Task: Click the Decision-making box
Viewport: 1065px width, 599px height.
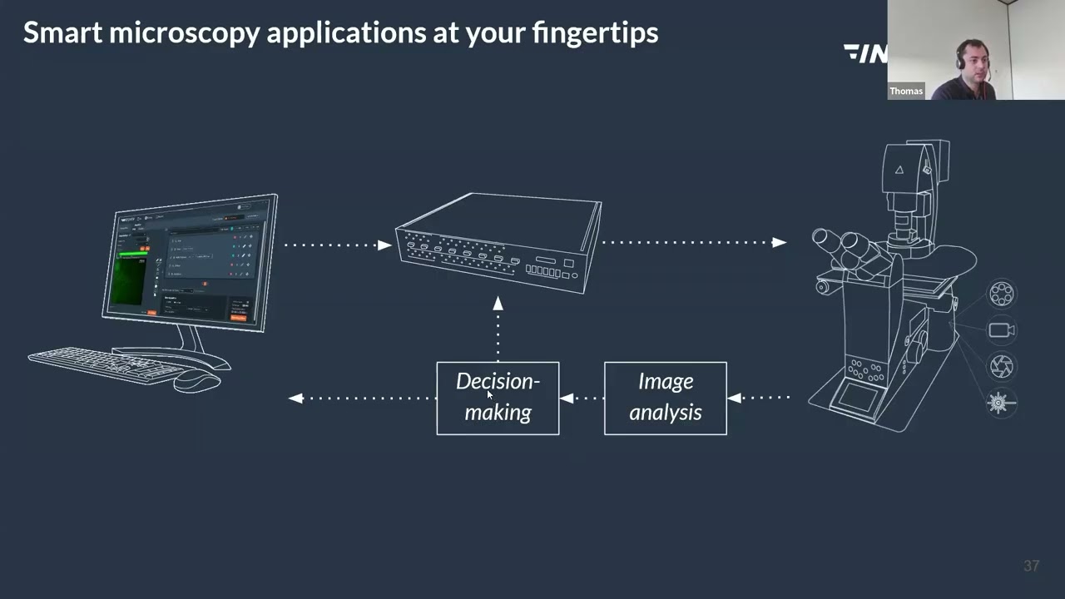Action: tap(498, 398)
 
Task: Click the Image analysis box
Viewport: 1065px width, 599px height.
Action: tap(665, 398)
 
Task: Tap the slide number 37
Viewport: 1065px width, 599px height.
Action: tap(1031, 566)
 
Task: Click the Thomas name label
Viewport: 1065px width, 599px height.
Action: tap(906, 91)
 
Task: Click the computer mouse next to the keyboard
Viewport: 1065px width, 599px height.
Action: tap(197, 379)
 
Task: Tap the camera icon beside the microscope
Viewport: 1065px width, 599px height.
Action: tap(1001, 330)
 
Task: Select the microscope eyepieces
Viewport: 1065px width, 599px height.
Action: tap(840, 246)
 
